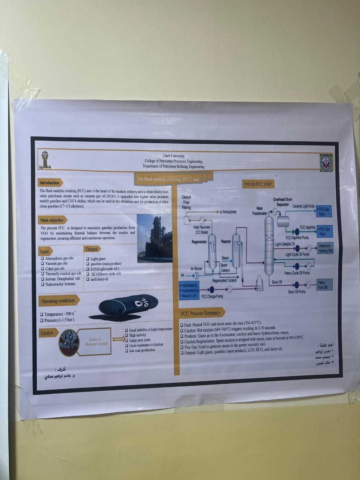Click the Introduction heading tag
click(49, 183)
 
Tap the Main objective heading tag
click(52, 220)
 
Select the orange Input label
click(45, 251)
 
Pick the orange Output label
click(91, 249)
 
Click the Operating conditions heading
click(58, 301)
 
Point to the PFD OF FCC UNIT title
click(258, 184)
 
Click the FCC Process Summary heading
click(201, 313)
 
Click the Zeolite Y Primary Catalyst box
click(96, 341)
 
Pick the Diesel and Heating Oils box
click(325, 248)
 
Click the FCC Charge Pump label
click(212, 296)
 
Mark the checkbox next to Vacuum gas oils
click(43, 264)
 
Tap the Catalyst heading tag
click(47, 333)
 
